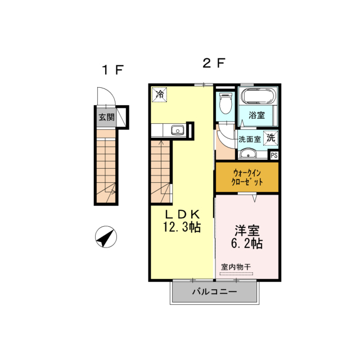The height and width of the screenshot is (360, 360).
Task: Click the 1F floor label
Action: (112, 70)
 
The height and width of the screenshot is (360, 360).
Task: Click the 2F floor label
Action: (214, 63)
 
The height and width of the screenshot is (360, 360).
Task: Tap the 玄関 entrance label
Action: (106, 117)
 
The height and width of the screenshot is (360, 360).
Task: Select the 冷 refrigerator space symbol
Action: (160, 94)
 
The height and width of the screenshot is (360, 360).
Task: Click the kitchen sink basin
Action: (178, 130)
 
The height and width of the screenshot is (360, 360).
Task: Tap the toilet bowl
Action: (226, 103)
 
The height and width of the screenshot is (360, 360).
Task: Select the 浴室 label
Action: (256, 115)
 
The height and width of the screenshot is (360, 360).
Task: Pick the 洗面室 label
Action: (249, 139)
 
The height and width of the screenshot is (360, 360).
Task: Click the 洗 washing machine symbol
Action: (271, 138)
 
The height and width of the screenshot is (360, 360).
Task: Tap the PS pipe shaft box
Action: (274, 155)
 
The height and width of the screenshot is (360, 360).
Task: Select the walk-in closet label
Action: (247, 177)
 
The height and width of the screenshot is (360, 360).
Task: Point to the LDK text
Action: (182, 214)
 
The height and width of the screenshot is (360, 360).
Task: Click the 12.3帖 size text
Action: (182, 227)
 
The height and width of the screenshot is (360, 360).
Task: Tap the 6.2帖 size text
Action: (247, 244)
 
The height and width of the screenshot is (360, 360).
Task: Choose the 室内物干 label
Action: (236, 267)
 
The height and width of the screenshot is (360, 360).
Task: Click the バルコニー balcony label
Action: (214, 291)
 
